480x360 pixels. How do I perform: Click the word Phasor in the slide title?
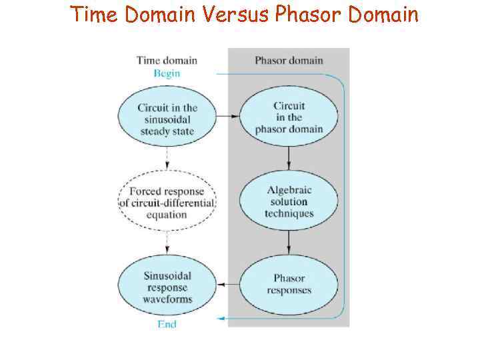coord(309,14)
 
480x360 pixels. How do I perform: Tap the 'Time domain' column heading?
coord(167,61)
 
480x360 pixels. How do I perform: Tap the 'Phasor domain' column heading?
coord(289,61)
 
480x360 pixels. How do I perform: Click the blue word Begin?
coord(167,73)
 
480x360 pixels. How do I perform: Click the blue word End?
coord(167,324)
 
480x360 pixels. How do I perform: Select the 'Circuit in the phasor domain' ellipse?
coord(289,117)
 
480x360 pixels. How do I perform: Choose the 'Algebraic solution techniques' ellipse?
coord(289,201)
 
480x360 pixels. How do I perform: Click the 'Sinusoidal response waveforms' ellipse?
coord(167,287)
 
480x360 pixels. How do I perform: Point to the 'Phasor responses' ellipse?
coord(289,285)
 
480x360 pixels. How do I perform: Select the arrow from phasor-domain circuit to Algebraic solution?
coord(289,158)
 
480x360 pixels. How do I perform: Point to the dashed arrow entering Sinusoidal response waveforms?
coord(167,244)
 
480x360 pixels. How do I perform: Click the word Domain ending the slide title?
coord(383,14)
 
